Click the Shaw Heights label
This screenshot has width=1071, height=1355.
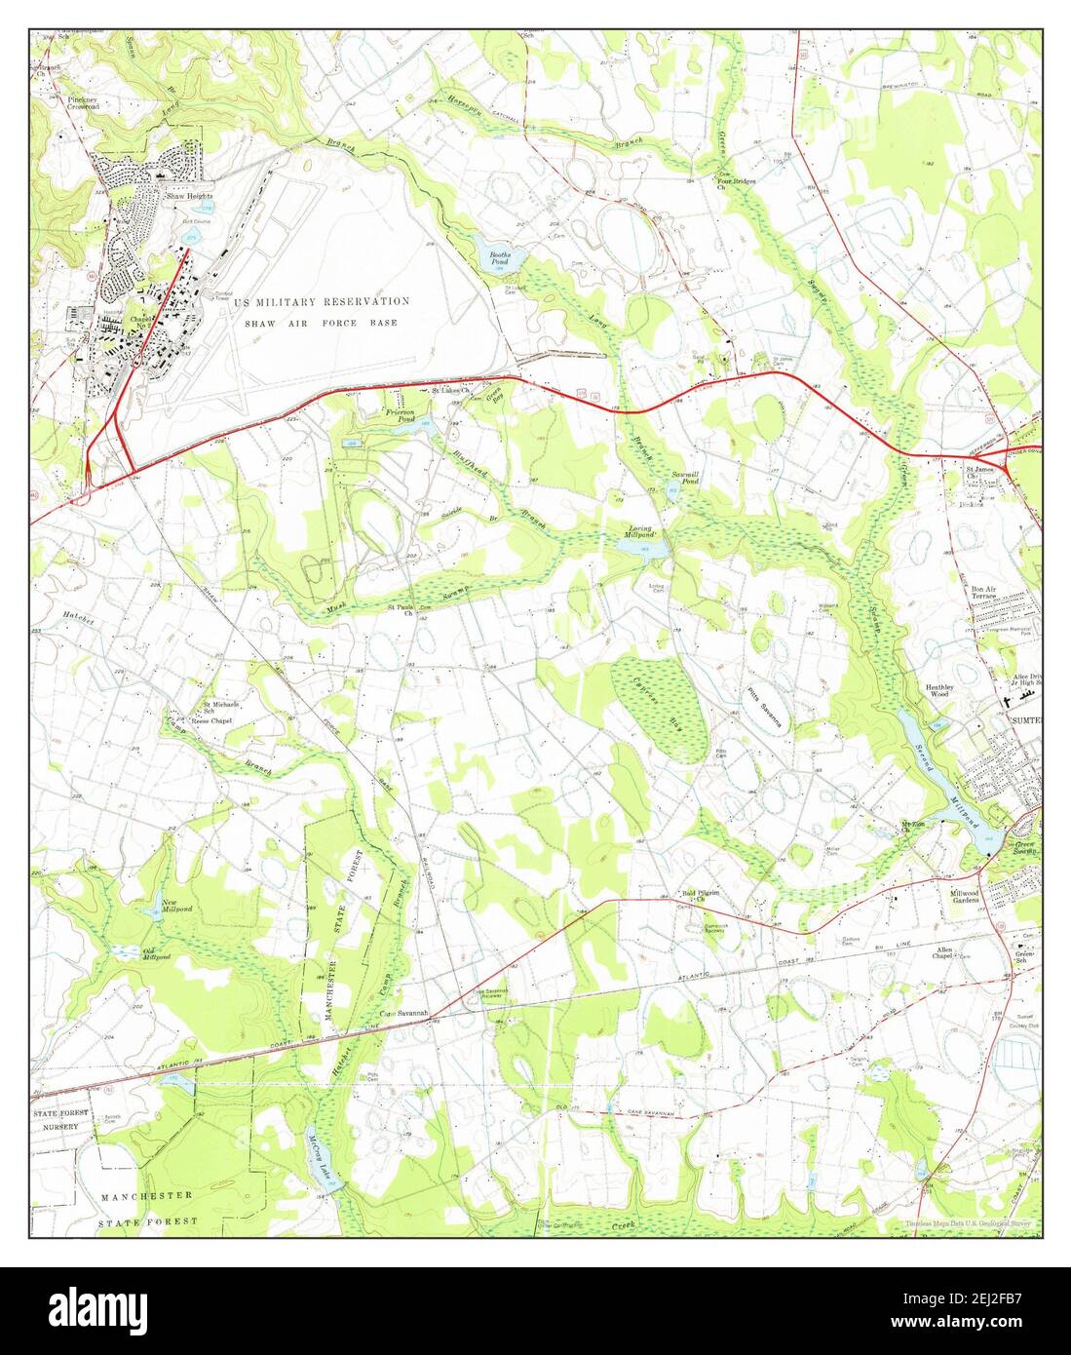click(x=188, y=196)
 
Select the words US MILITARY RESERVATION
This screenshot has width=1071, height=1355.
click(x=322, y=302)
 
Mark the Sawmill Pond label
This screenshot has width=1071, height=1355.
click(x=685, y=479)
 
